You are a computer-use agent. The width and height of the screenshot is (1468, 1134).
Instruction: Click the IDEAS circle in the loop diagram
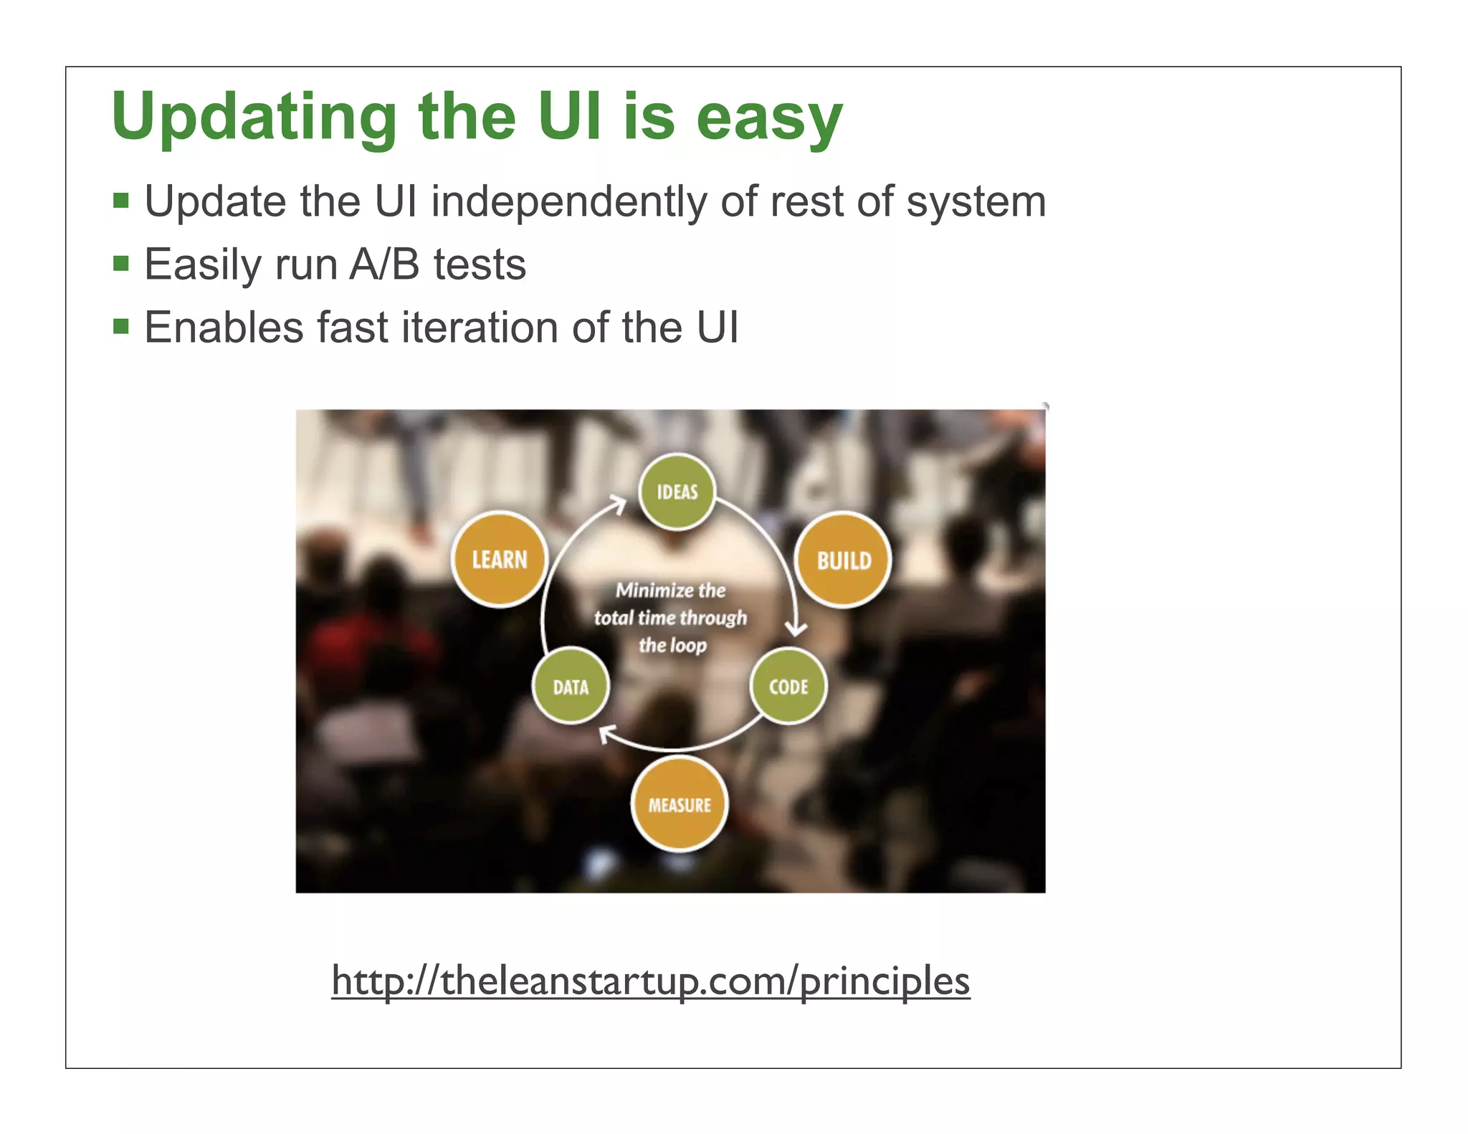pyautogui.click(x=677, y=492)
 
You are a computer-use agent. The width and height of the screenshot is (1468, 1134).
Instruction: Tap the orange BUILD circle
pyautogui.click(x=844, y=560)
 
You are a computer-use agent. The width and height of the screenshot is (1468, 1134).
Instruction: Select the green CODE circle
pyautogui.click(x=788, y=686)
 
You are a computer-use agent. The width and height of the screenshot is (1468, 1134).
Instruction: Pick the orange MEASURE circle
pyautogui.click(x=680, y=804)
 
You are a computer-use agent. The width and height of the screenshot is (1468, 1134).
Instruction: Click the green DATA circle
pyautogui.click(x=571, y=686)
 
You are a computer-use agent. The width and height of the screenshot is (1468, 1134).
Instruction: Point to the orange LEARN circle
pyautogui.click(x=500, y=559)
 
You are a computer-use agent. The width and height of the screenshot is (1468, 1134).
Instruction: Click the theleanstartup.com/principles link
pyautogui.click(x=650, y=981)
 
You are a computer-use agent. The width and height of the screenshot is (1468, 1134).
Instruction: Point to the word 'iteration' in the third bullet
pyautogui.click(x=480, y=328)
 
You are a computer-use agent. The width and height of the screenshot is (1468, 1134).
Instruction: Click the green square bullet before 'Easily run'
pyautogui.click(x=120, y=265)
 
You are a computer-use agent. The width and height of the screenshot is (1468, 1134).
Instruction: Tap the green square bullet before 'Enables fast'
pyautogui.click(x=120, y=328)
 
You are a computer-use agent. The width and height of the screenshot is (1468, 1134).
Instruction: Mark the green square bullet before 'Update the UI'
pyautogui.click(x=120, y=201)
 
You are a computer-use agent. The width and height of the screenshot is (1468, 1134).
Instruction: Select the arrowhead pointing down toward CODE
pyautogui.click(x=796, y=629)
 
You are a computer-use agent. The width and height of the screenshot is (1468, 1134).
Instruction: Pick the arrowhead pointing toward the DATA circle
pyautogui.click(x=607, y=733)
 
